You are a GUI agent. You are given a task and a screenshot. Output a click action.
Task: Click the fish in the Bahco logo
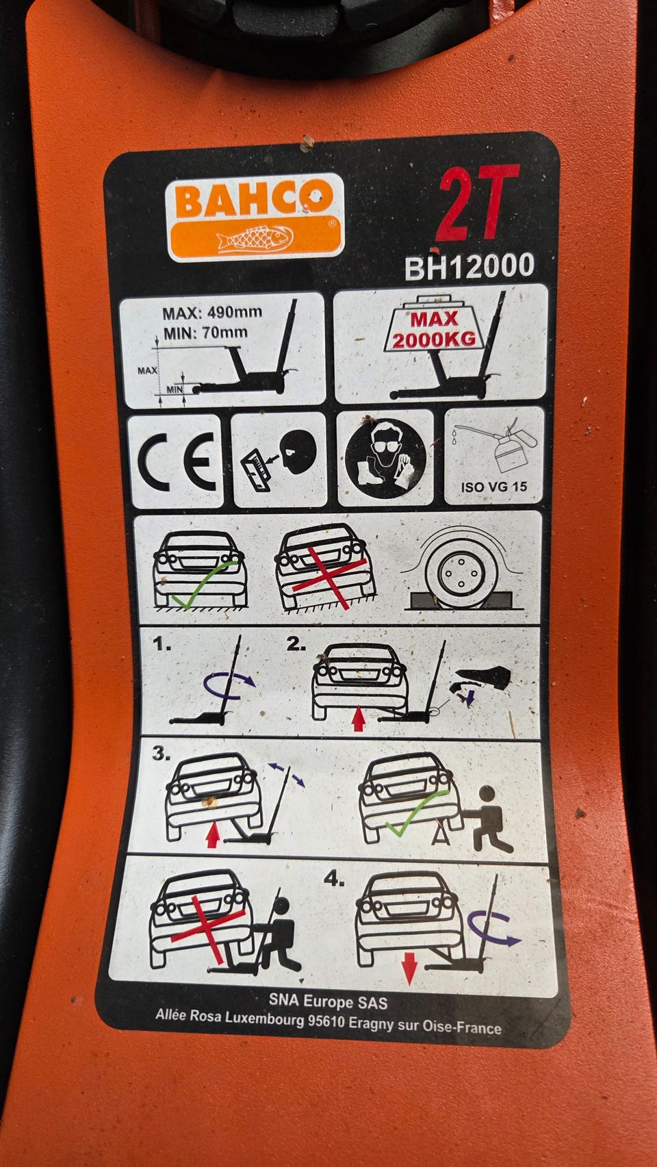255,239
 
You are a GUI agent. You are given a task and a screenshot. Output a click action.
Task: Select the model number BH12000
469,266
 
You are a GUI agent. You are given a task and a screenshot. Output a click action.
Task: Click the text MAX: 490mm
212,313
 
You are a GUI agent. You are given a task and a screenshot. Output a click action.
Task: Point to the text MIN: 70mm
205,333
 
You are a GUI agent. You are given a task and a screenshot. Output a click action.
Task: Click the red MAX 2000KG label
435,329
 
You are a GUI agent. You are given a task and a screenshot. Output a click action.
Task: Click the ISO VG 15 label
494,487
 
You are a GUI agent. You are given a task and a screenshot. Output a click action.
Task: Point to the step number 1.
162,645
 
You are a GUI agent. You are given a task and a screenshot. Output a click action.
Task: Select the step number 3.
161,754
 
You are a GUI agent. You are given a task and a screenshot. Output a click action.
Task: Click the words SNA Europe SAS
328,1002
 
